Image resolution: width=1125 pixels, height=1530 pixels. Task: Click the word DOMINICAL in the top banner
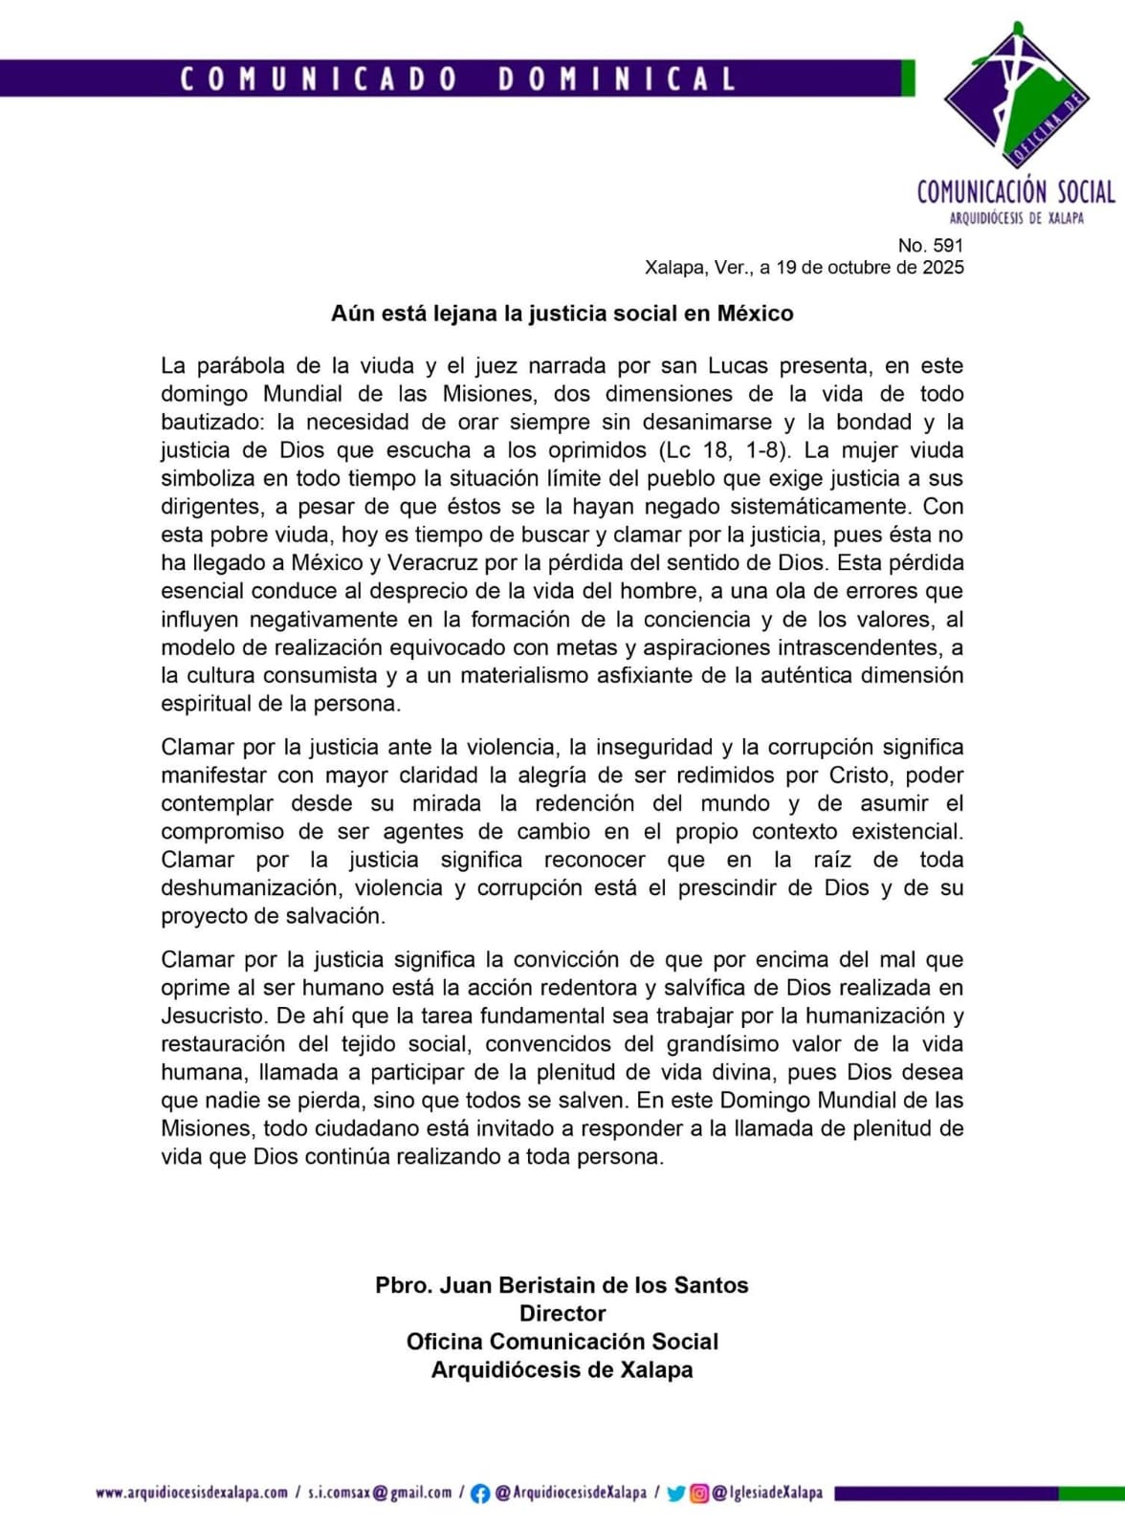click(617, 78)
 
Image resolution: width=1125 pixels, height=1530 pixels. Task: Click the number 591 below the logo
click(947, 246)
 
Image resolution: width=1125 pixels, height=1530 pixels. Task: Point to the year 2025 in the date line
click(942, 268)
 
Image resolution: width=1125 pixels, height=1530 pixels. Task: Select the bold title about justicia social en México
click(562, 314)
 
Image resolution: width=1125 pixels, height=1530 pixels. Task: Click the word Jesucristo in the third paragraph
click(212, 1016)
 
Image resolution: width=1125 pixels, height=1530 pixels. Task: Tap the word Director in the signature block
click(562, 1314)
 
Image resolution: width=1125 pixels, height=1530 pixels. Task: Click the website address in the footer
click(191, 1493)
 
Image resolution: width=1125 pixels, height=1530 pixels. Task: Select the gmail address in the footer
click(380, 1493)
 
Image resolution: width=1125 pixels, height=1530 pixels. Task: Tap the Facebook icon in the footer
click(480, 1494)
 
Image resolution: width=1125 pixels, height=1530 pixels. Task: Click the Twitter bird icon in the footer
click(676, 1494)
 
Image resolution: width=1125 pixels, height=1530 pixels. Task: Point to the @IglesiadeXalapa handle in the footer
click(767, 1493)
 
